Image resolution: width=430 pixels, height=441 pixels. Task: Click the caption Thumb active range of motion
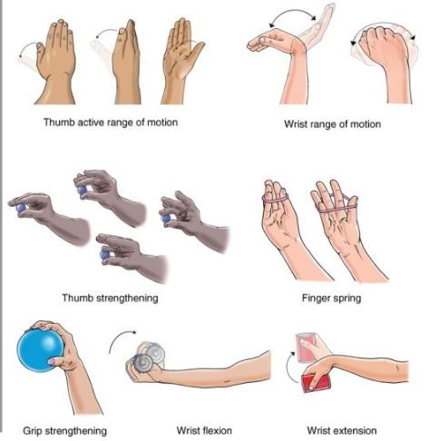(111, 122)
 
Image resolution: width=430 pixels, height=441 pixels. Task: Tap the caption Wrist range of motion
(332, 124)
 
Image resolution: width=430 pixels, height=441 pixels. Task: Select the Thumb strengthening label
(110, 299)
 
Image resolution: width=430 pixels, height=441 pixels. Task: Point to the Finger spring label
(331, 299)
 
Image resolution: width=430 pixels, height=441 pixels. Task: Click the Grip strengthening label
(64, 431)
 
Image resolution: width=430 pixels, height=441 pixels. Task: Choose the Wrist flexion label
(204, 430)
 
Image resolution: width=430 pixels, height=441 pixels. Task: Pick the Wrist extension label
(342, 430)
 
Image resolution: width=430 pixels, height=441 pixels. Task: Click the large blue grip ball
(40, 350)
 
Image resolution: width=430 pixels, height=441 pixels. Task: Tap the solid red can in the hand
(316, 383)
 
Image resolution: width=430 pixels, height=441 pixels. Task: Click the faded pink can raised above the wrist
(307, 348)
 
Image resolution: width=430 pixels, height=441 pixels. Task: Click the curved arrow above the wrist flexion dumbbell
(121, 339)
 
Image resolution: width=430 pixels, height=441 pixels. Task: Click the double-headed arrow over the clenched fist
(384, 24)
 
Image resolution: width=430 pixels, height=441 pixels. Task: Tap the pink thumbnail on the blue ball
(52, 361)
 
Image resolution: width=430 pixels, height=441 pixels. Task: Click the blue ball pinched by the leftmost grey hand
(20, 208)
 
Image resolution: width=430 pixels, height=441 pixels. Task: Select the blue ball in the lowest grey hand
(105, 254)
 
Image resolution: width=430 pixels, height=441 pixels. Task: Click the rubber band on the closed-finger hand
(275, 199)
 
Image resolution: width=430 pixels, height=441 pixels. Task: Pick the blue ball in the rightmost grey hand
(166, 219)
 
